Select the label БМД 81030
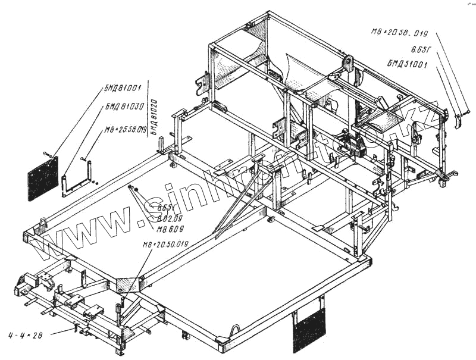124,107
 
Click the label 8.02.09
168,218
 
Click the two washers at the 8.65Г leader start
133,189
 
